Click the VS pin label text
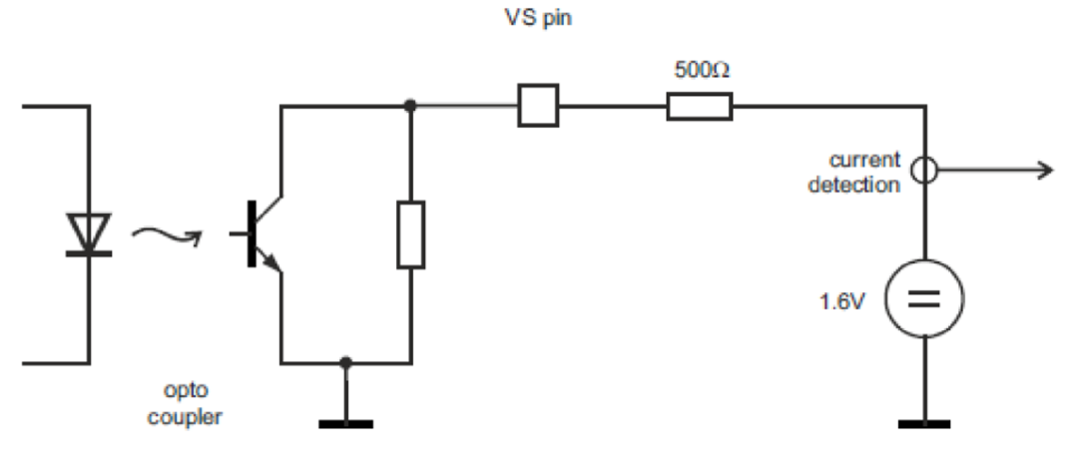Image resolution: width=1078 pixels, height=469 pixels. click(539, 17)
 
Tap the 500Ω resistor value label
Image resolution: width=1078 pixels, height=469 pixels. click(699, 72)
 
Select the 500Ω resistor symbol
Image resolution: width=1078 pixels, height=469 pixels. click(699, 106)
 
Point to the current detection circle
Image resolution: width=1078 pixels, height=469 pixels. click(925, 171)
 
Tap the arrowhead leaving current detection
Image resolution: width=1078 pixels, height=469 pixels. click(1044, 171)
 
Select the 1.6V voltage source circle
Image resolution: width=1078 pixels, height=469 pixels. click(925, 298)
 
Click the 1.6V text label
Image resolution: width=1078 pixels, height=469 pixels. click(841, 300)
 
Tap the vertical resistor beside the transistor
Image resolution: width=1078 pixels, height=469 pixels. click(410, 234)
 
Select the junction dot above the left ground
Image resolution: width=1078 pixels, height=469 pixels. click(345, 362)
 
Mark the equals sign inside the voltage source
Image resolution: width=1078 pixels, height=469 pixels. click(925, 298)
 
